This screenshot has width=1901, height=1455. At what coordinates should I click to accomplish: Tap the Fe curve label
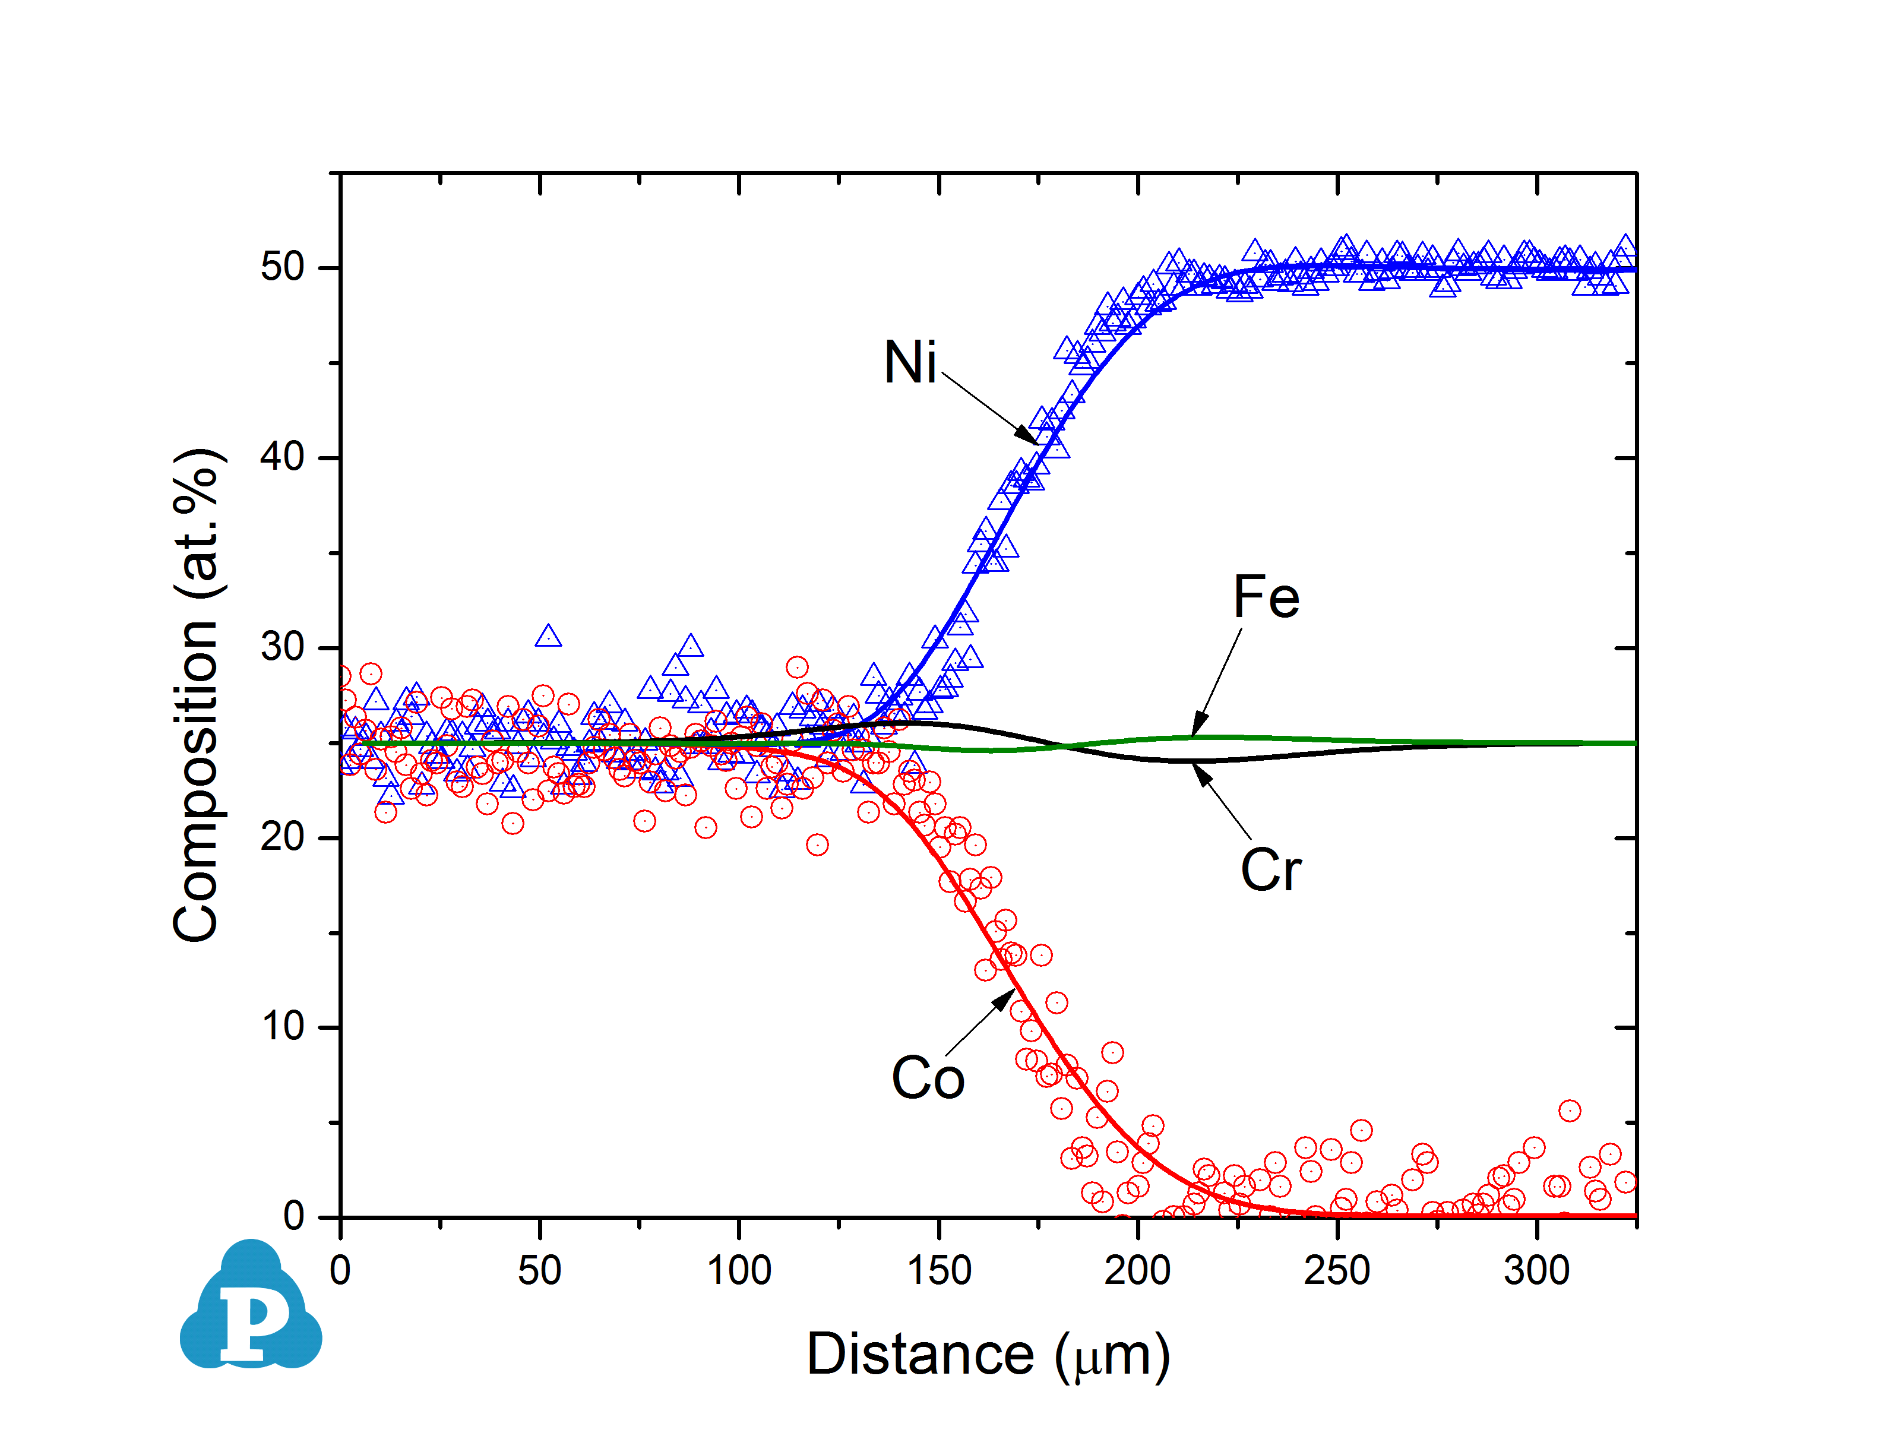1266,597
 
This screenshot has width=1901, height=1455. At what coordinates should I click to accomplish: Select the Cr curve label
1270,871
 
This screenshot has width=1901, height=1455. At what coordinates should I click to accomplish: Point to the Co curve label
928,1079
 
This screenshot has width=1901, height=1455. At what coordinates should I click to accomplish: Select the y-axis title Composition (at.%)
197,695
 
